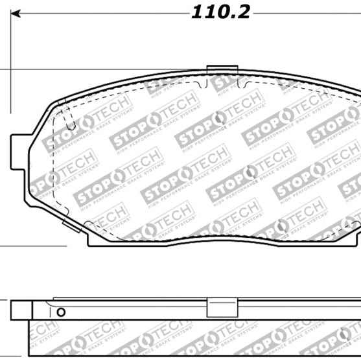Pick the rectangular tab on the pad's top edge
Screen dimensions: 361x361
pos(222,71)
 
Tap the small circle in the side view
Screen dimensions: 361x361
pos(61,312)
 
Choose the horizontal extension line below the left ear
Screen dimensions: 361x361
pos(32,246)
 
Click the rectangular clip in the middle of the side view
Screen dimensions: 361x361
pos(221,309)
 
